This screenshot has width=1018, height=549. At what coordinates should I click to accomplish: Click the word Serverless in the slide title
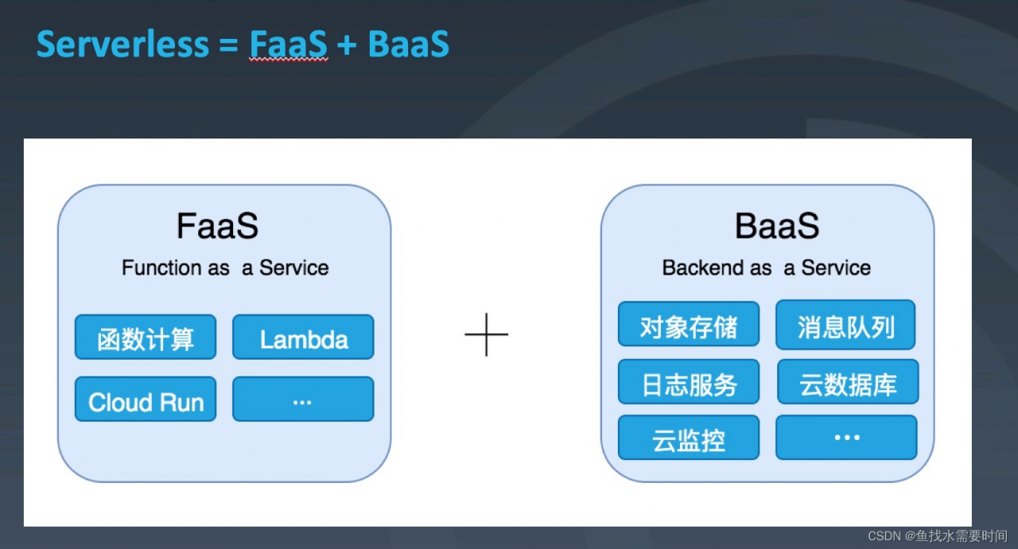[122, 44]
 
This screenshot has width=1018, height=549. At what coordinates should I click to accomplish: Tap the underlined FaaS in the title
[288, 44]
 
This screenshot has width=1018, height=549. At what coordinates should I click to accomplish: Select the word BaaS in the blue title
[409, 44]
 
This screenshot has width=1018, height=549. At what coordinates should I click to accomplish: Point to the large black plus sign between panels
[486, 334]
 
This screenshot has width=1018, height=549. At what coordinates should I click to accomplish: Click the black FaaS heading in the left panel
[217, 226]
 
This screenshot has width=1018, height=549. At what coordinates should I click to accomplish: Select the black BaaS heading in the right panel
[777, 226]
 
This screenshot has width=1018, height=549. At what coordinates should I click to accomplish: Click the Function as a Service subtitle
[225, 267]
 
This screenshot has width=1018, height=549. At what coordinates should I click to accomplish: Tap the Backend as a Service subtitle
[766, 267]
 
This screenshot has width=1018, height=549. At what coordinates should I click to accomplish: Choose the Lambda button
[303, 337]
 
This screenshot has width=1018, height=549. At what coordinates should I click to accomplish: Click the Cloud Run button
[146, 399]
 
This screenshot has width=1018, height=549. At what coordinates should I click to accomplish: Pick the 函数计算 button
[146, 337]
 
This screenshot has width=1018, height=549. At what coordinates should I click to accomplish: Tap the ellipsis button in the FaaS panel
[303, 399]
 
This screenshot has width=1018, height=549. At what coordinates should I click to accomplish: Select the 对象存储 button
[689, 324]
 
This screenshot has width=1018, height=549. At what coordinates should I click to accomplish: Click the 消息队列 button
[845, 325]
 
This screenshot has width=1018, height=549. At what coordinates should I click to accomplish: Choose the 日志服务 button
[689, 382]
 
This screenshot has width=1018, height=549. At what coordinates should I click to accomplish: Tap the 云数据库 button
[848, 382]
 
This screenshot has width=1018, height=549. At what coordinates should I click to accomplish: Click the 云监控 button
[689, 437]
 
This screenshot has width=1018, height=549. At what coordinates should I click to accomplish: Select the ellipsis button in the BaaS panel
[846, 437]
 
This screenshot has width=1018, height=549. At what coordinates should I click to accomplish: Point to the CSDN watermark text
[938, 536]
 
